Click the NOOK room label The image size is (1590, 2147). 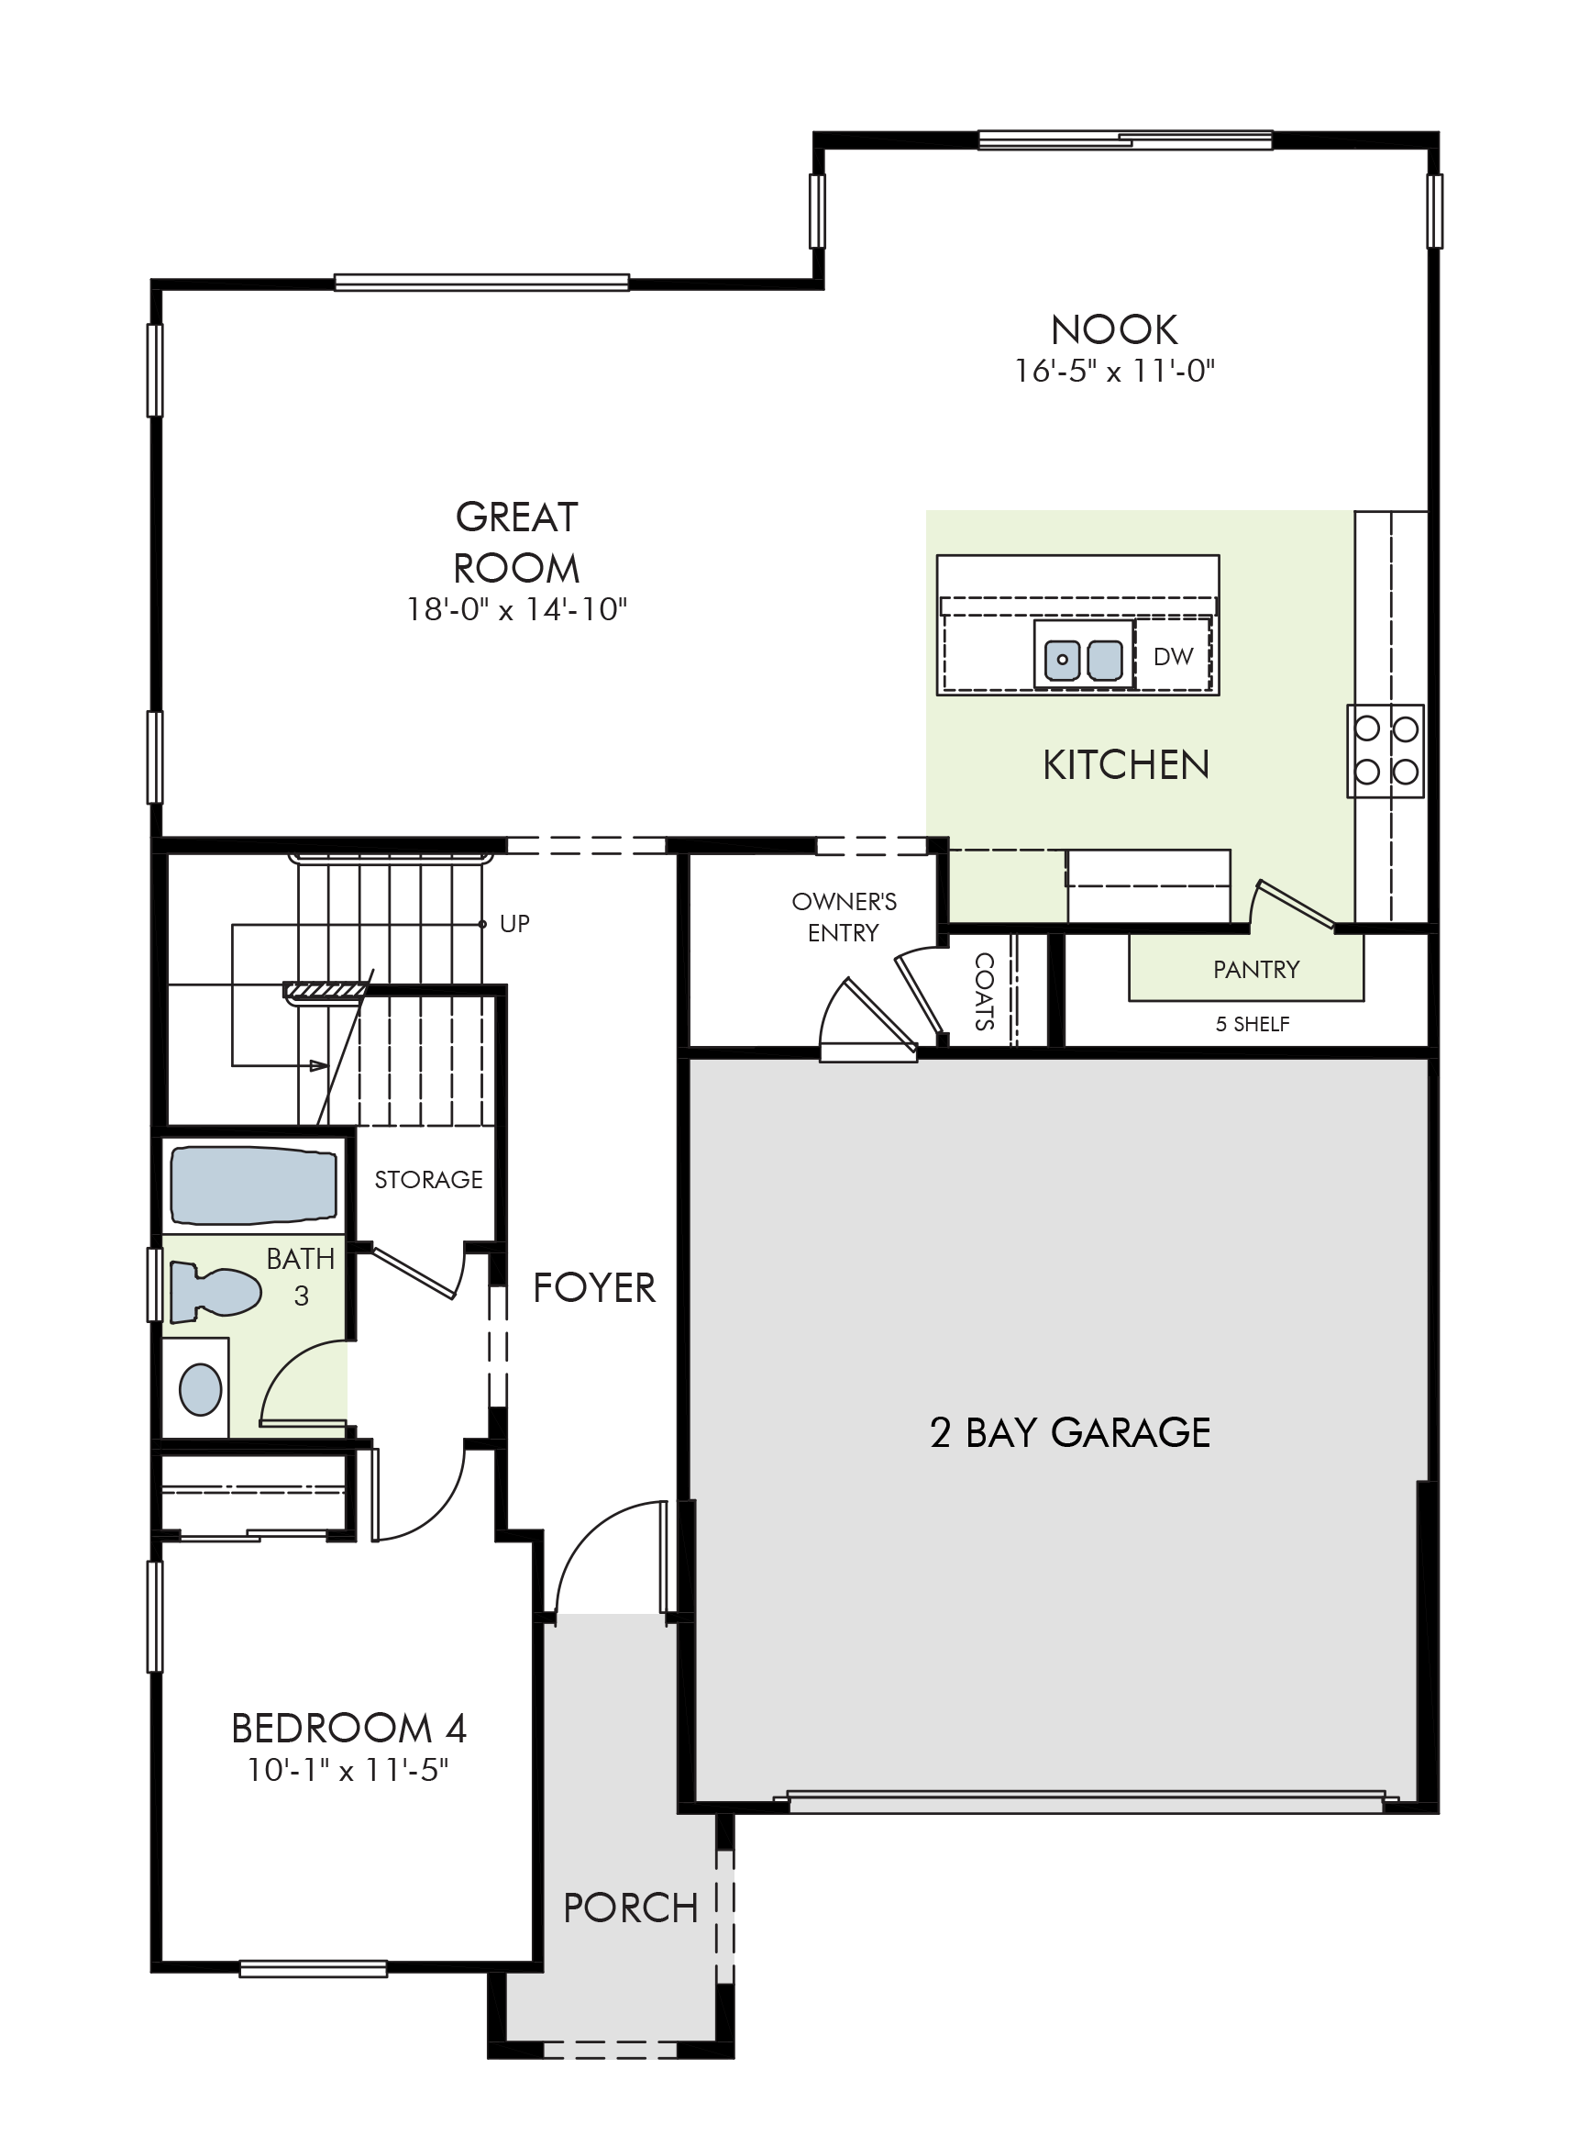pyautogui.click(x=1113, y=330)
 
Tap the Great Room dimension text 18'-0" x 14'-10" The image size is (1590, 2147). pyautogui.click(x=517, y=609)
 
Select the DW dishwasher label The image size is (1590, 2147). pyautogui.click(x=1174, y=657)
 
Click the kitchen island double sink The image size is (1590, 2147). pyautogui.click(x=1084, y=660)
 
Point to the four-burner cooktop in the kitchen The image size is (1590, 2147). pyautogui.click(x=1386, y=751)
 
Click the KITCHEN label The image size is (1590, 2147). pyautogui.click(x=1126, y=765)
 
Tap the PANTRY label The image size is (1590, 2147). pyautogui.click(x=1256, y=970)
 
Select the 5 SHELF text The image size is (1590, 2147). pyautogui.click(x=1253, y=1024)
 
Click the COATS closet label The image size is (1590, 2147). pyautogui.click(x=984, y=992)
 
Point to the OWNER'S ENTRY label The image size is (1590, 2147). pyautogui.click(x=845, y=918)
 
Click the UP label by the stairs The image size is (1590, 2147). pyautogui.click(x=515, y=924)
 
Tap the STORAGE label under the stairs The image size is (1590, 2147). pyautogui.click(x=428, y=1179)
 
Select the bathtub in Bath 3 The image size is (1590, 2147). pyautogui.click(x=254, y=1185)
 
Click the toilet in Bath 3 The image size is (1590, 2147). pyautogui.click(x=215, y=1292)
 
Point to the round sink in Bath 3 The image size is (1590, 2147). pyautogui.click(x=200, y=1389)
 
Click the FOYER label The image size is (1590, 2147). pyautogui.click(x=594, y=1288)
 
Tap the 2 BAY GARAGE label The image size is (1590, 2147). pyautogui.click(x=1070, y=1433)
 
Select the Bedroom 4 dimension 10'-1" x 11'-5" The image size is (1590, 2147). pyautogui.click(x=348, y=1770)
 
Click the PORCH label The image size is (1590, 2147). pyautogui.click(x=631, y=1908)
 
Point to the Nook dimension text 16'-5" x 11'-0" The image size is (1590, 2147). pyautogui.click(x=1114, y=371)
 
